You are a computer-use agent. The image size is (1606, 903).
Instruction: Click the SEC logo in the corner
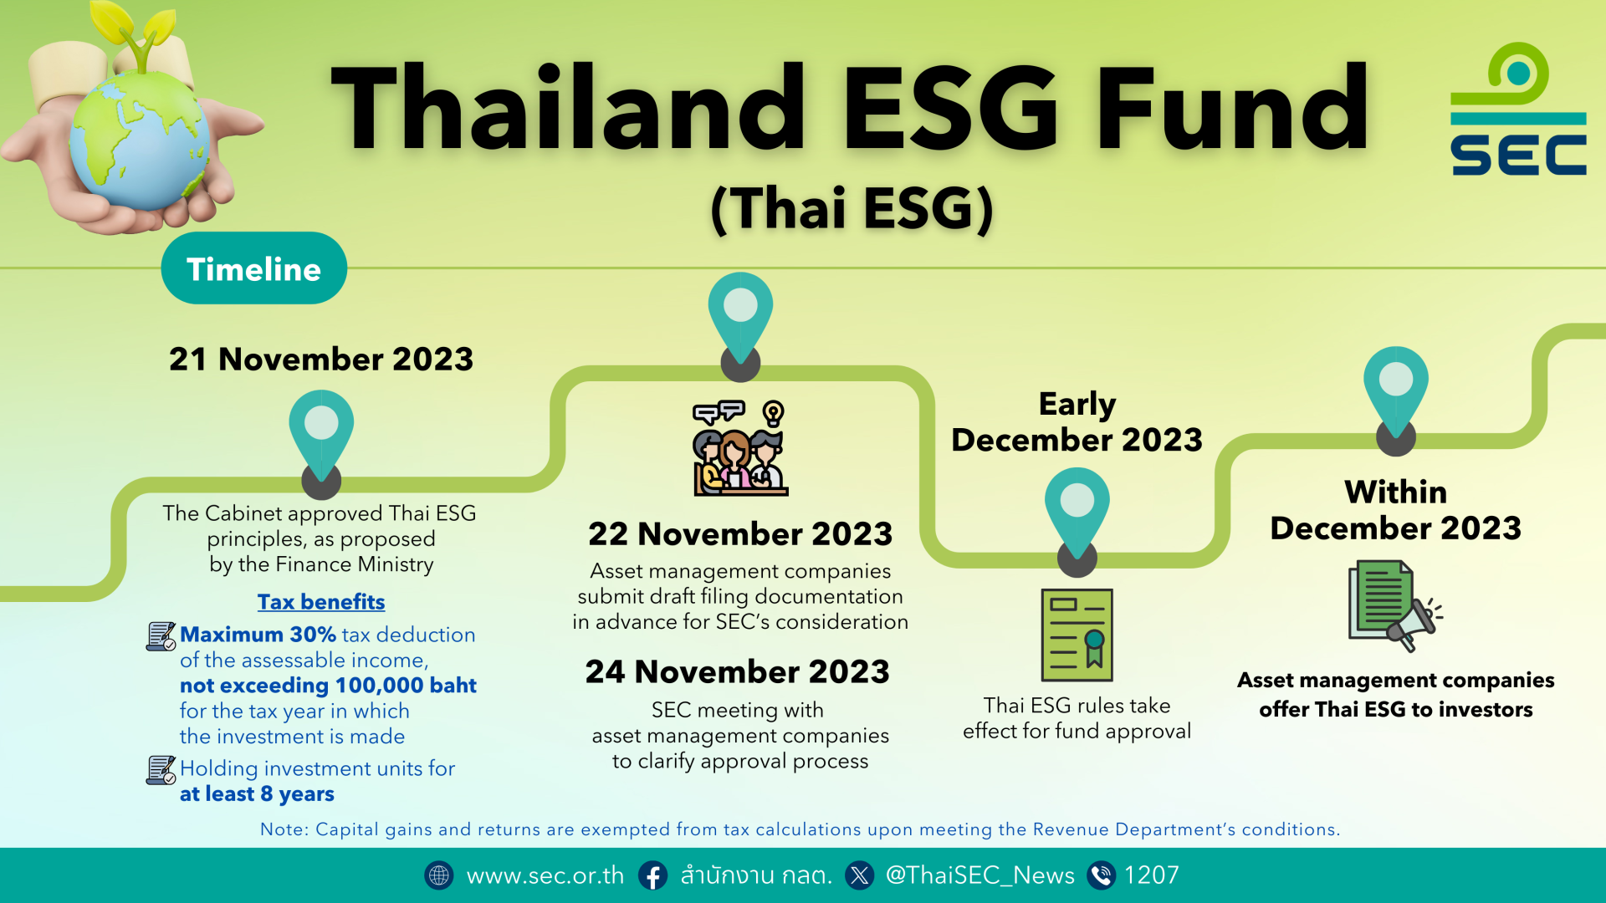[x=1518, y=110]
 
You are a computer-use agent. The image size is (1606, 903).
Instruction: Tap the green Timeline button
[x=253, y=268]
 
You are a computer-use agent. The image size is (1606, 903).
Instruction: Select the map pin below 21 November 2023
[x=321, y=439]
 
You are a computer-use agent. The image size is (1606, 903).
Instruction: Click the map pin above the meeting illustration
[x=740, y=322]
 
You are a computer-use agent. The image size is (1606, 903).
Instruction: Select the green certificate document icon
[x=1077, y=635]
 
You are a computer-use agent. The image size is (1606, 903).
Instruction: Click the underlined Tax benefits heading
[x=321, y=602]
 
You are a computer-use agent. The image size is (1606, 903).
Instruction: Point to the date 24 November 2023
[x=737, y=671]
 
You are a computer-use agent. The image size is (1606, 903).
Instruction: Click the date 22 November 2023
[x=740, y=533]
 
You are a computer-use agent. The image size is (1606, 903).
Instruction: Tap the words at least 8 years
[x=257, y=794]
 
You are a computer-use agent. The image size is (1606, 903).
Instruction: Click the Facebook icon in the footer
[x=653, y=875]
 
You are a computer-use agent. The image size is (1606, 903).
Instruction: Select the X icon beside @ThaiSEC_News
[x=859, y=875]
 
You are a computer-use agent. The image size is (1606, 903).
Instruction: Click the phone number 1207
[x=1151, y=875]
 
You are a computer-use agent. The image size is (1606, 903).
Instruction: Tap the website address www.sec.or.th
[x=545, y=875]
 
